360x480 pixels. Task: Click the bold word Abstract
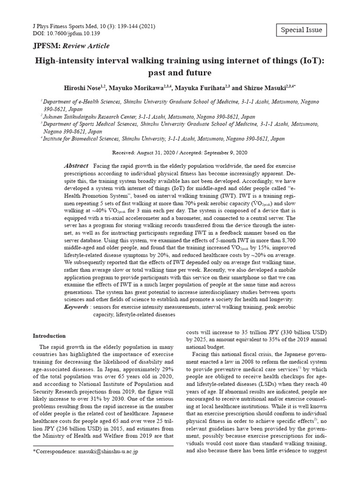coord(76,166)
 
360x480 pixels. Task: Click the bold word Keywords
coord(76,307)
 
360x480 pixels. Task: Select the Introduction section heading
coord(49,336)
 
